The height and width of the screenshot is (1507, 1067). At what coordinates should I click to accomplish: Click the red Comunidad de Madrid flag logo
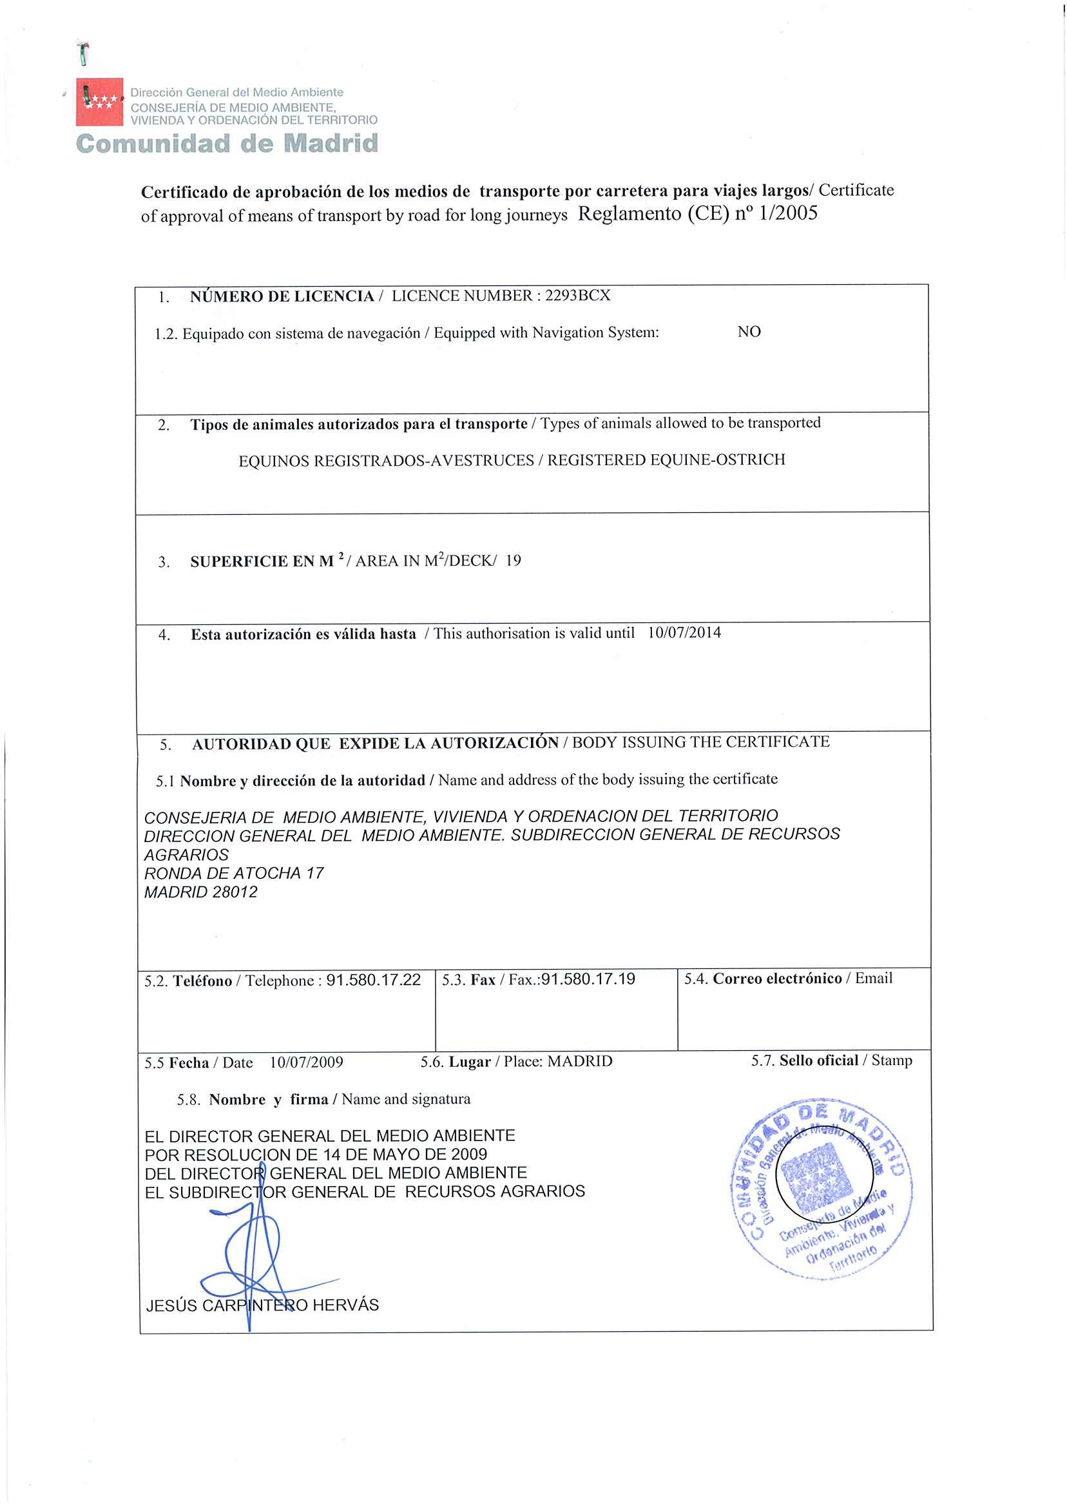99,102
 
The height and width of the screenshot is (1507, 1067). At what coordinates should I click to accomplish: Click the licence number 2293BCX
577,296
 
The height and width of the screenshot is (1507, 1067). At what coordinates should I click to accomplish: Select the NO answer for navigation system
749,332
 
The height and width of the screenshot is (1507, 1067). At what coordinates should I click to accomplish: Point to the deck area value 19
513,561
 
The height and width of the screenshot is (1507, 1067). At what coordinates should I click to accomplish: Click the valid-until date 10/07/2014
684,633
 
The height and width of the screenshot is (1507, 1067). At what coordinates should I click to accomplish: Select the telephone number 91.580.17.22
373,980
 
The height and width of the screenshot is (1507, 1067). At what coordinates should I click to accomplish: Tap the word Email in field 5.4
873,978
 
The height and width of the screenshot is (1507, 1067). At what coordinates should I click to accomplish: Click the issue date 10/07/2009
306,1062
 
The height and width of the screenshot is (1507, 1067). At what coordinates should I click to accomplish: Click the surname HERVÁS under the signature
345,1305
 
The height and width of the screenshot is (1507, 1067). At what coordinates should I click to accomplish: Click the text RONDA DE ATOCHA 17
234,873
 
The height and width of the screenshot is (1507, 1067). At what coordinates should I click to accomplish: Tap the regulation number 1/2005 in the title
788,213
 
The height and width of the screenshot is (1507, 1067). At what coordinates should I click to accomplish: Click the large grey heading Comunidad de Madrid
227,143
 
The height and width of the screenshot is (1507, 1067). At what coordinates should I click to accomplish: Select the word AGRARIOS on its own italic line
187,855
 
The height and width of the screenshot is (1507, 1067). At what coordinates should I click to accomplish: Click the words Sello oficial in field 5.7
819,1061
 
